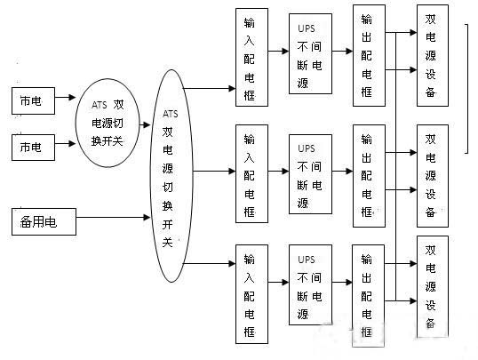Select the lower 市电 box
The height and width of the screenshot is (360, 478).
tap(31, 148)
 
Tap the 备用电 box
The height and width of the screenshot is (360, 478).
tap(44, 219)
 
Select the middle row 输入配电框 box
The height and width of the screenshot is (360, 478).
tap(251, 174)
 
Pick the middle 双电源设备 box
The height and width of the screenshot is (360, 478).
tap(432, 174)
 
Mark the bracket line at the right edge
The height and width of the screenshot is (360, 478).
tap(469, 89)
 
